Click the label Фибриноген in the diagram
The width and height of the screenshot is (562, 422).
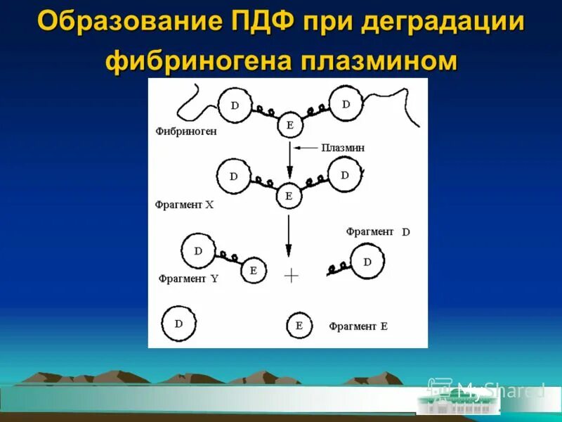click(x=187, y=131)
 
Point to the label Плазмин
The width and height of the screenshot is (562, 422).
click(x=343, y=148)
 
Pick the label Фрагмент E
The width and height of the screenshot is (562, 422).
click(x=358, y=326)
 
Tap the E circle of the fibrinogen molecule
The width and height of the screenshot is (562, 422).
click(x=289, y=126)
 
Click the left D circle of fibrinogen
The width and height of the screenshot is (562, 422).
click(x=235, y=105)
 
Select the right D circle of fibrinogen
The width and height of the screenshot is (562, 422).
click(x=346, y=104)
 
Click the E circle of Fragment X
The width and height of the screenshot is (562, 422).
click(x=288, y=196)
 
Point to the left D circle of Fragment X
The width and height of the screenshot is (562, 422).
click(x=233, y=177)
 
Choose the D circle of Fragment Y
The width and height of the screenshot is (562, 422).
click(x=198, y=250)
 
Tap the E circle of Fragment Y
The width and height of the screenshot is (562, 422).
click(x=254, y=270)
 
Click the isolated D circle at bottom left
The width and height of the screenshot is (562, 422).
click(x=178, y=324)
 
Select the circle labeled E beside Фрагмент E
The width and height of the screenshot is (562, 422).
click(x=299, y=326)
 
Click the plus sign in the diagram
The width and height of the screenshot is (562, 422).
click(x=291, y=276)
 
